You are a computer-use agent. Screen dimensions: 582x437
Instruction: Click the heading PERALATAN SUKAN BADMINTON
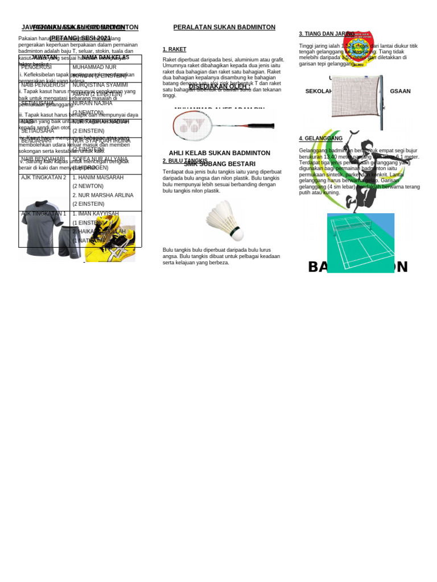(x=224, y=27)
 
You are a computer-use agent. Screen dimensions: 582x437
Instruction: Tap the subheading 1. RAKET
(x=174, y=49)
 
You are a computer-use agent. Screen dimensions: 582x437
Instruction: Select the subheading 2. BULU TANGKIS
(x=185, y=161)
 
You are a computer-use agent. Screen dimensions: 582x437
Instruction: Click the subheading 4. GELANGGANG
(x=320, y=139)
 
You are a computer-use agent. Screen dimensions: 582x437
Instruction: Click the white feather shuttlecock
(x=225, y=221)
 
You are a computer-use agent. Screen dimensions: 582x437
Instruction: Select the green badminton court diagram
(x=360, y=243)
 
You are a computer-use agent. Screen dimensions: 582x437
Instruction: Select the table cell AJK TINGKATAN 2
(x=44, y=177)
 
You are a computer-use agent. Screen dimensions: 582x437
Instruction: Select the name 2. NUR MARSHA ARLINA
(x=102, y=195)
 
